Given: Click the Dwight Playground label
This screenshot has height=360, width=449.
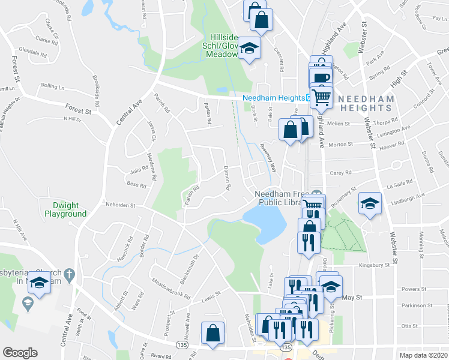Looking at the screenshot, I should pyautogui.click(x=65, y=209).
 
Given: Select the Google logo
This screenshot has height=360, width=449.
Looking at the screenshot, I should pyautogui.click(x=20, y=353).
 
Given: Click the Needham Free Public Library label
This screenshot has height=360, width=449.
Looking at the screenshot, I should pyautogui.click(x=277, y=198).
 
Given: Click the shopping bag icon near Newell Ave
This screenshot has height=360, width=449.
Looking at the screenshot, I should pyautogui.click(x=212, y=333).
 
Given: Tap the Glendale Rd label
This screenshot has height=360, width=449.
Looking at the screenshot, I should pyautogui.click(x=33, y=52).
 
